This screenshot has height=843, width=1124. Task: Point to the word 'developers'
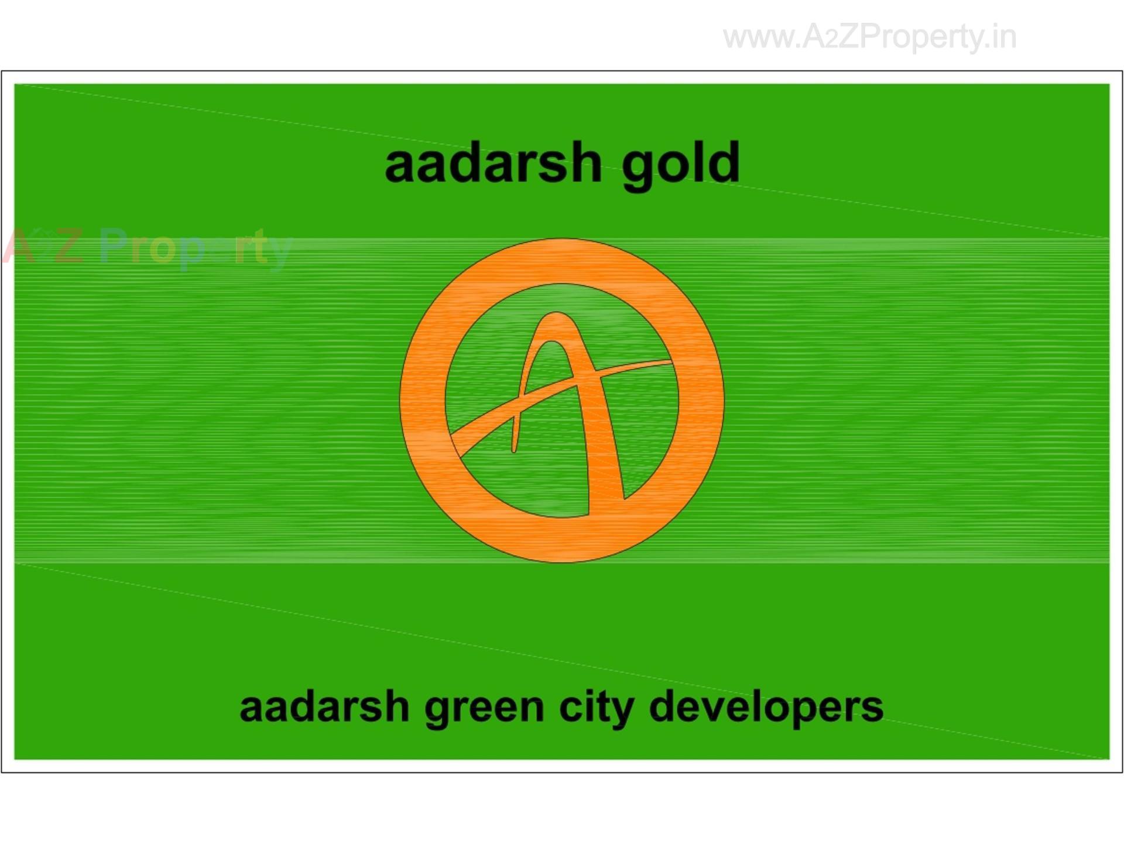[766, 707]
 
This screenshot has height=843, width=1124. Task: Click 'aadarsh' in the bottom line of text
[324, 707]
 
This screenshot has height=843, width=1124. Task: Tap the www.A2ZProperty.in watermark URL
[869, 37]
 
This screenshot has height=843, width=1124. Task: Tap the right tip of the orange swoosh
[667, 363]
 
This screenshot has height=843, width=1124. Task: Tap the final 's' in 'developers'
[872, 709]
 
